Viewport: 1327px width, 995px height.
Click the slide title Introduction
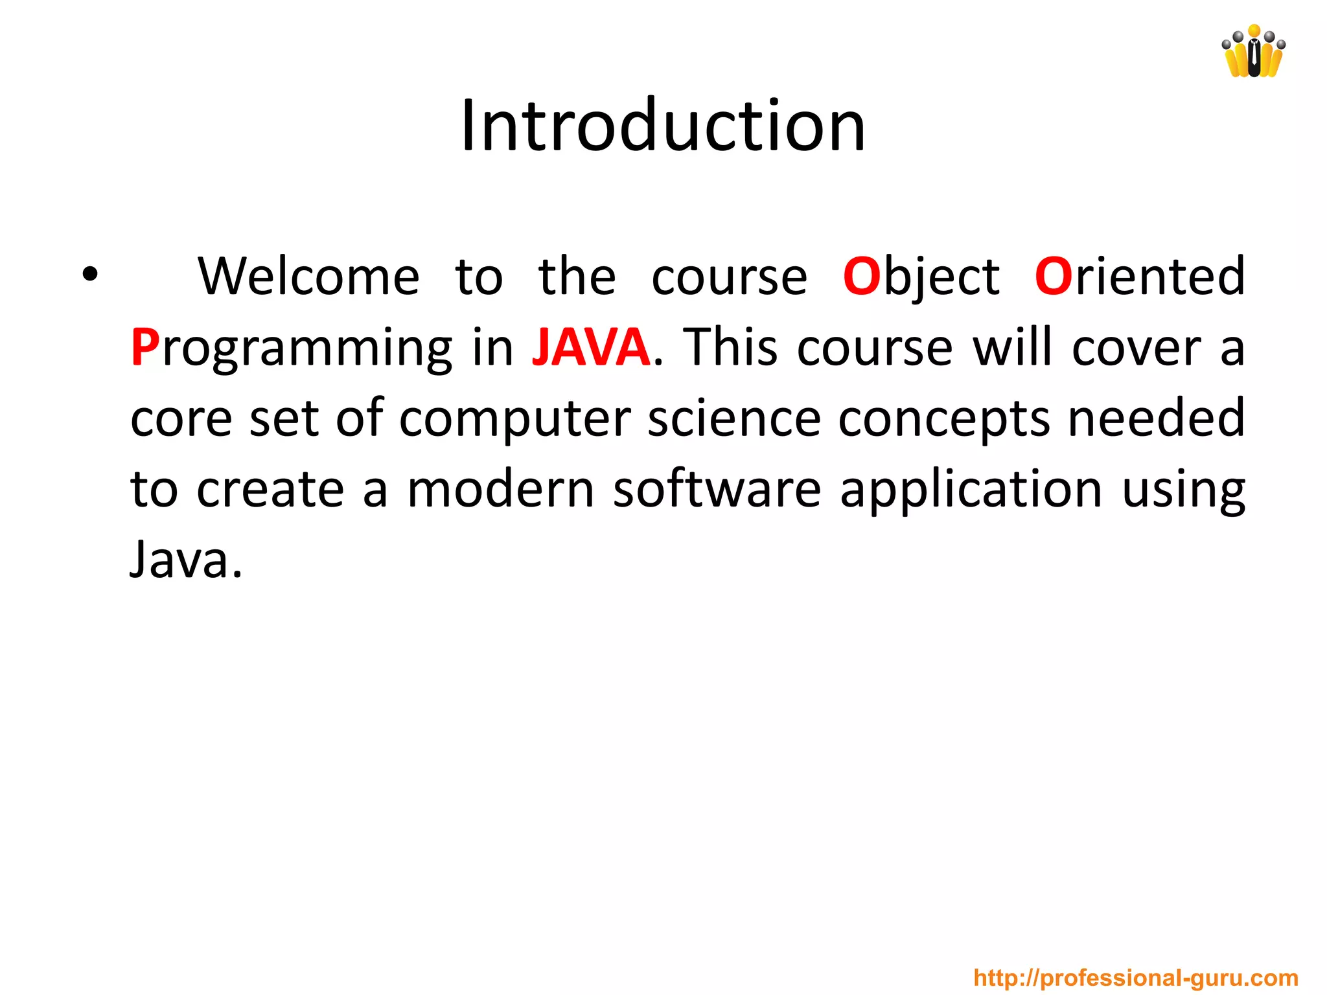coord(663,126)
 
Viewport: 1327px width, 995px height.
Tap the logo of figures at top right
coord(1253,52)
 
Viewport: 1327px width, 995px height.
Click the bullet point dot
coord(90,275)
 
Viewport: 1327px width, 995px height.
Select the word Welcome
coord(308,277)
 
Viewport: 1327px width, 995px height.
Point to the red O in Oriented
coord(1053,277)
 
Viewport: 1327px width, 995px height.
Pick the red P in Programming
coord(144,348)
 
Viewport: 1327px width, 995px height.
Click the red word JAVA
coord(591,348)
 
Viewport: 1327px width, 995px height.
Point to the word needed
coord(1156,419)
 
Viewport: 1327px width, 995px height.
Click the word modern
coord(500,490)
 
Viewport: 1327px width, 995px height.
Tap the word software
coord(717,490)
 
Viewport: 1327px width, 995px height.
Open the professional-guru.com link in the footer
coord(1135,978)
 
